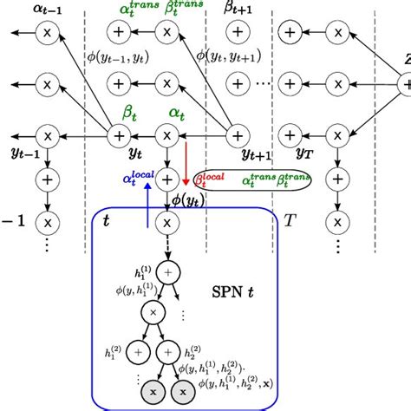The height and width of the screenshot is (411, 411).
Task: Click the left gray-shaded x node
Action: [150, 393]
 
